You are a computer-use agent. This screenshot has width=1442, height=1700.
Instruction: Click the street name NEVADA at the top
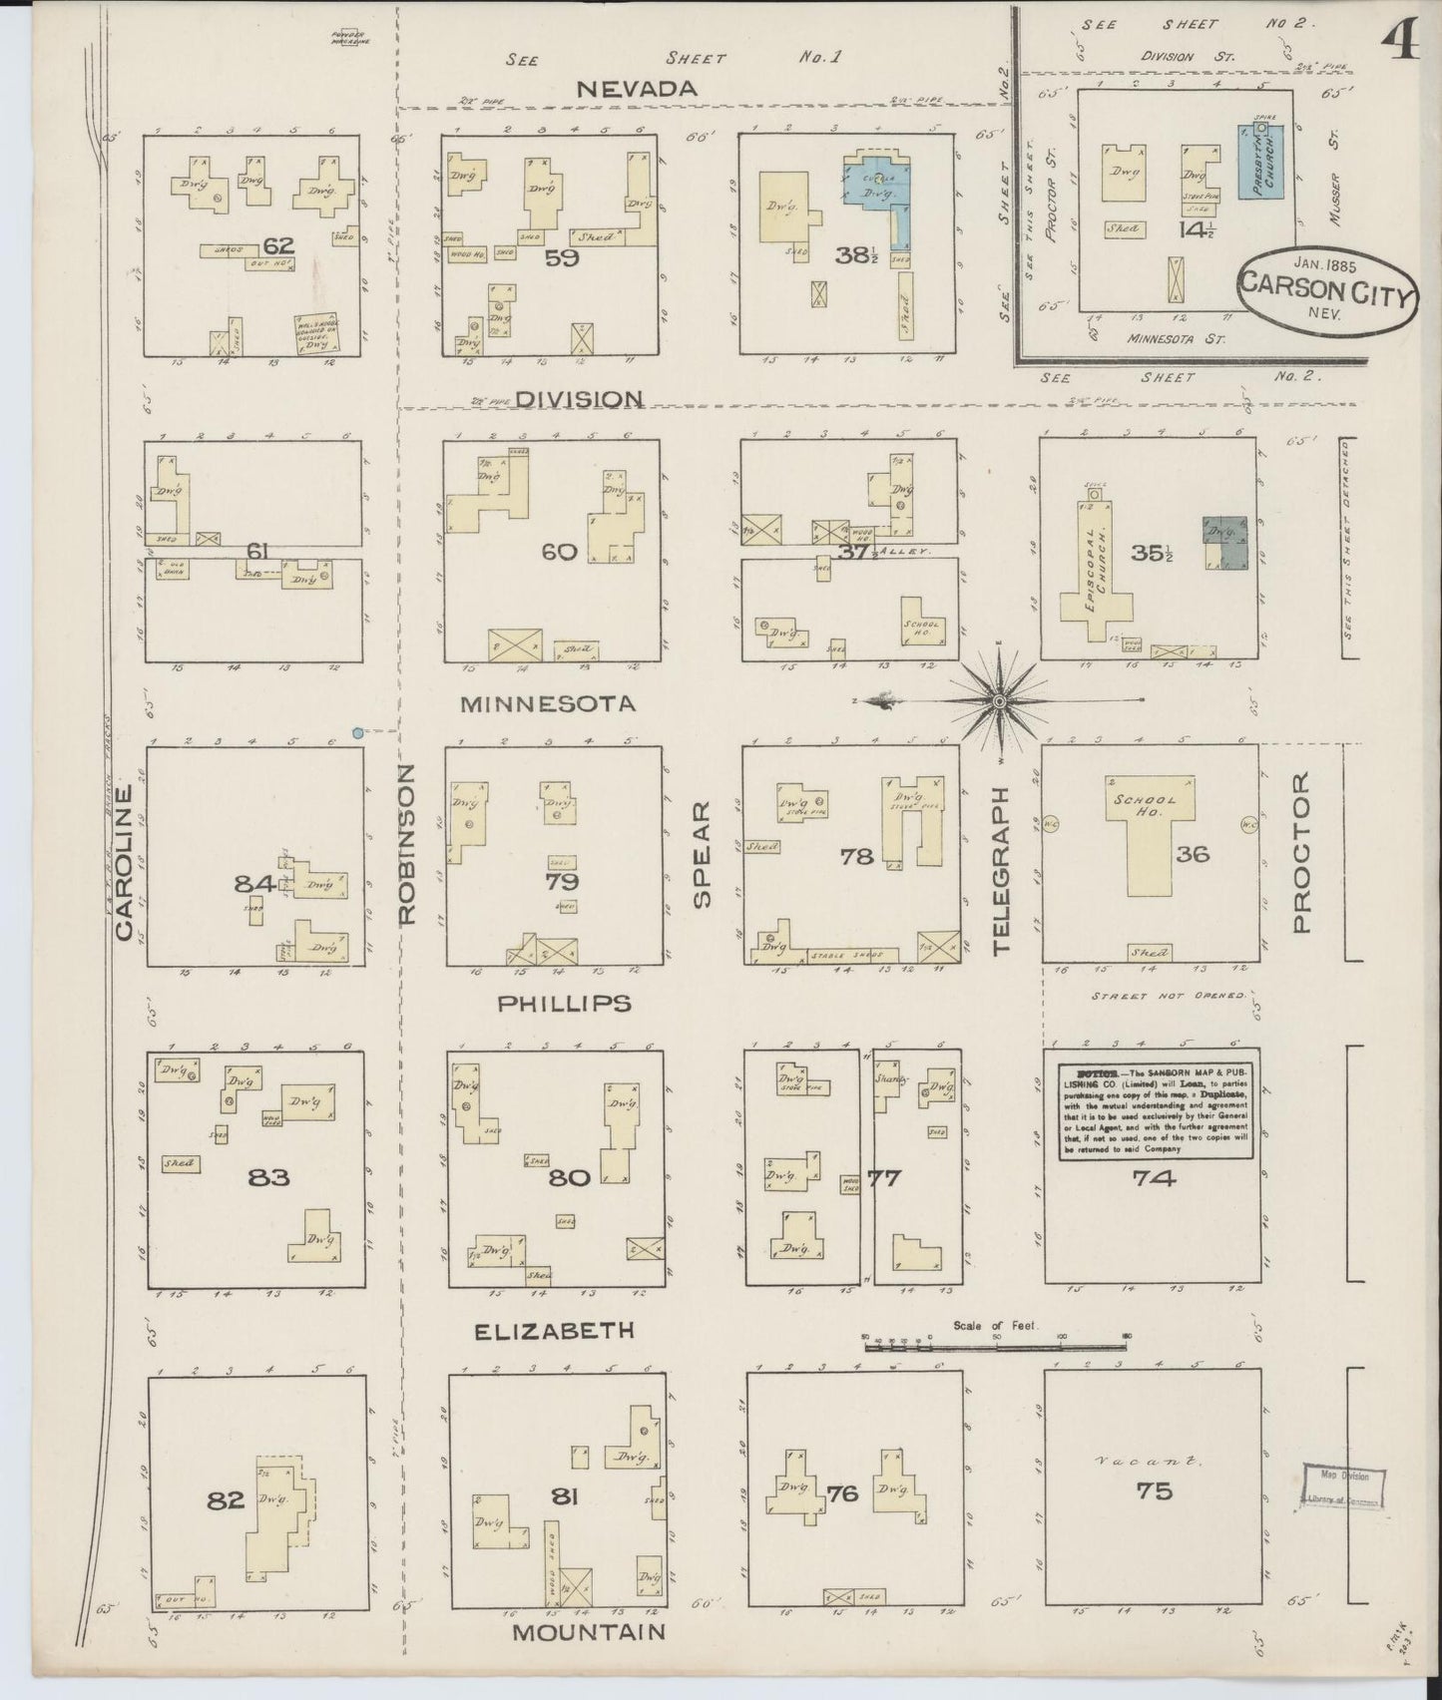[637, 89]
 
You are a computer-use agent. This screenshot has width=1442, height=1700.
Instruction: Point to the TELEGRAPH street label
[1002, 870]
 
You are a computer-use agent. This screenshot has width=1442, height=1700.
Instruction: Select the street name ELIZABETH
[554, 1330]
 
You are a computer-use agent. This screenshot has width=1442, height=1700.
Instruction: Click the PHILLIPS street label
[565, 1003]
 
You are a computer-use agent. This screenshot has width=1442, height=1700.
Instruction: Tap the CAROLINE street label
[124, 862]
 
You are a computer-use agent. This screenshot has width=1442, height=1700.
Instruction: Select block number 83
[268, 1177]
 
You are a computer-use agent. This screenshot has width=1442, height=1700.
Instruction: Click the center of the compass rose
[999, 701]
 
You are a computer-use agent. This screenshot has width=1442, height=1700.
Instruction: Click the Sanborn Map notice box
[1156, 1111]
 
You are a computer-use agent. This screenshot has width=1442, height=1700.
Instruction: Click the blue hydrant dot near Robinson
[357, 733]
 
